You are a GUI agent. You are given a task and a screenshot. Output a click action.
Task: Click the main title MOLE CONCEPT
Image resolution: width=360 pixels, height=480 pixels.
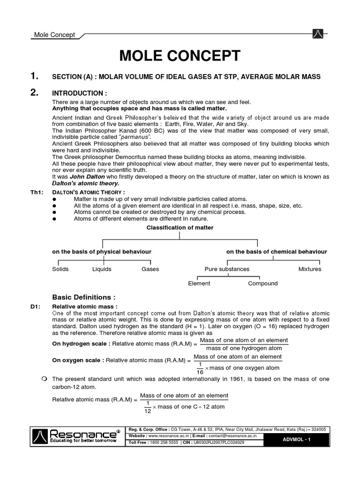pos(180,56)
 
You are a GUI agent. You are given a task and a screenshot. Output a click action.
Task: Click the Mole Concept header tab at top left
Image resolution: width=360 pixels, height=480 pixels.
pos(52,35)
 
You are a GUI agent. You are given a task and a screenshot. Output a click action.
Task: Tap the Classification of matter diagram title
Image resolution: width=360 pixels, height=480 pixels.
pos(180,228)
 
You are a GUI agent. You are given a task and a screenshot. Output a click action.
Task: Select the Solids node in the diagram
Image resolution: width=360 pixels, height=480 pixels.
pos(60,269)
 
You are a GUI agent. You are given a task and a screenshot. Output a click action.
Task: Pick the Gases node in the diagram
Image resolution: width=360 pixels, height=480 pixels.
pos(150,269)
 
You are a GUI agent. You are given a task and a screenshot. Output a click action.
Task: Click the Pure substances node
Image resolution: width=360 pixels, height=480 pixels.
pos(227,269)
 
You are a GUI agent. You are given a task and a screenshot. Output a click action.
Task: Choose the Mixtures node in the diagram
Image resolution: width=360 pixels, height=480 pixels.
pos(310,269)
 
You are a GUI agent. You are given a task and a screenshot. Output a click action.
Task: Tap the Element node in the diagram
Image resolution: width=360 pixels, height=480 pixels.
pos(199,283)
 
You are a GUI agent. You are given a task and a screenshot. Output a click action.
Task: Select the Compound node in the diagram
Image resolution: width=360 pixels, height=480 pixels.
pos(262,283)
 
